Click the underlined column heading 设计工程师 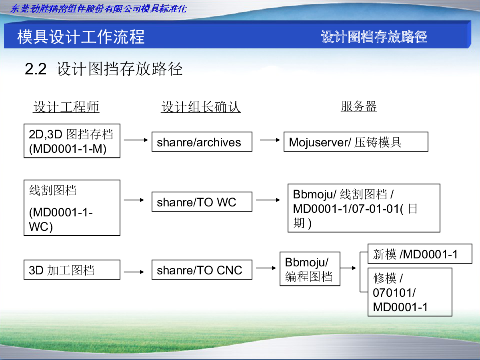66,107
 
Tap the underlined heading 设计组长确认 201,107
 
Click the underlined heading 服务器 359,106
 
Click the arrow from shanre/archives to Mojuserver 270,140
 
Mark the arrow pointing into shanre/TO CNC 134,272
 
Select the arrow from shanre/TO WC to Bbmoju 268,200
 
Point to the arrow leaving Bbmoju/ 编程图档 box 348,268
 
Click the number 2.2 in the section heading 36,69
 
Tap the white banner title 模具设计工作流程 81,37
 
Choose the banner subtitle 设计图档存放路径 374,36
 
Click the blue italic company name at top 98,9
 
